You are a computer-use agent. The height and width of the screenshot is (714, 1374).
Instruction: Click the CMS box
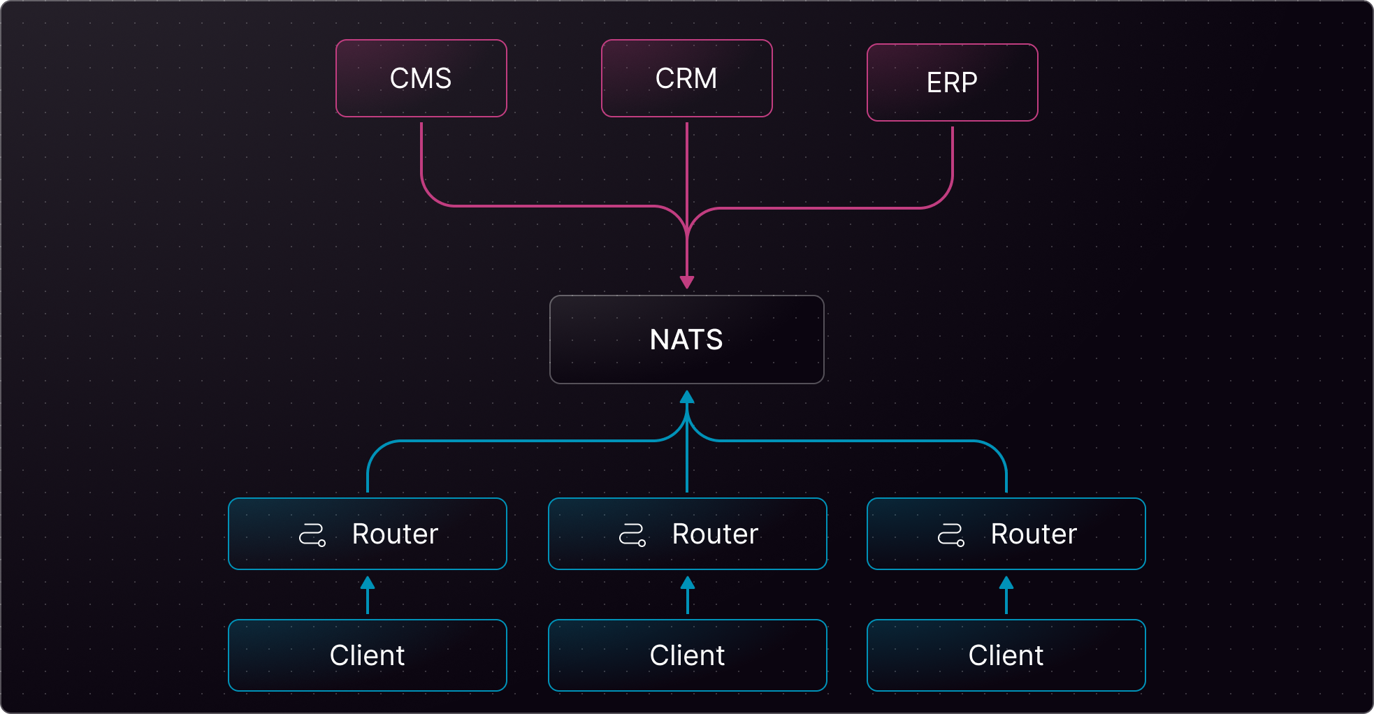click(x=421, y=78)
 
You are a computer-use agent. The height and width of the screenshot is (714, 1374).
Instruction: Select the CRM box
click(x=686, y=78)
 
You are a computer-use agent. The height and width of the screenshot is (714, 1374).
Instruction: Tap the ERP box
click(x=952, y=82)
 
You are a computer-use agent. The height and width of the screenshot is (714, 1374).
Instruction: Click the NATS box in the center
click(x=686, y=340)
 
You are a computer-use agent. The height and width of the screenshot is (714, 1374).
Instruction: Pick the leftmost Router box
click(x=368, y=534)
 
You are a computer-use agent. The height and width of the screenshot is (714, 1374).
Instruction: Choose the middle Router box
click(x=688, y=534)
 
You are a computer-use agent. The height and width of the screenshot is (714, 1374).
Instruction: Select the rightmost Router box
click(x=1006, y=534)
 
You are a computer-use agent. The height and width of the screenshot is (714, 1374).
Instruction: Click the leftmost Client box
click(x=368, y=655)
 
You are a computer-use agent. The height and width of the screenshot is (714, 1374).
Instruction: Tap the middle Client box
click(x=688, y=655)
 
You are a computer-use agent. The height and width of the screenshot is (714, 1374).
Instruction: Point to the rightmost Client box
click(x=1006, y=655)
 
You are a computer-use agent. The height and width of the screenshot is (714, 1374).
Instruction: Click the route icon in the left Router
click(x=312, y=535)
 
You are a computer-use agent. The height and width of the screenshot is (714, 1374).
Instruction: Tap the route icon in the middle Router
click(x=632, y=535)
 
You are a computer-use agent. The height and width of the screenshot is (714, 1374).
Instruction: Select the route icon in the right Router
click(x=951, y=535)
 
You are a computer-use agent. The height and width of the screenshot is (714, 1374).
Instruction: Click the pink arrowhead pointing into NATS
click(x=687, y=282)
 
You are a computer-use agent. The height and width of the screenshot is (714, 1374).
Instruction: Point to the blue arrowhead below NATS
click(x=687, y=397)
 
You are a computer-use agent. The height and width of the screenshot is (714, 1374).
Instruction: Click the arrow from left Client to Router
click(x=368, y=595)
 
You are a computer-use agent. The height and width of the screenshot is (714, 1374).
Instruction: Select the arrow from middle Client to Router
click(x=688, y=595)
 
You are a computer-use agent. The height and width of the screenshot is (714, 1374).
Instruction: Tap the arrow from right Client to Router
click(x=1006, y=595)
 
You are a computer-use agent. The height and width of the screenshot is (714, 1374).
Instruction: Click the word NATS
click(x=686, y=340)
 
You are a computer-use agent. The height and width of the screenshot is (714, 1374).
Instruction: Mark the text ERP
click(x=952, y=82)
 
